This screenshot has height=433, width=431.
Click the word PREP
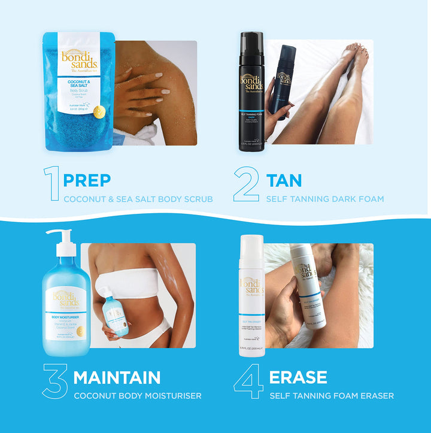pyautogui.click(x=87, y=180)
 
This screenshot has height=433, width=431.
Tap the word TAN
pyautogui.click(x=284, y=180)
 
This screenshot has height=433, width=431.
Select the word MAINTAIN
pyautogui.click(x=117, y=377)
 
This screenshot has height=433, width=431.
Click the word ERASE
pyautogui.click(x=298, y=377)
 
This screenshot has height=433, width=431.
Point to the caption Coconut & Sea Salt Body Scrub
pyautogui.click(x=138, y=199)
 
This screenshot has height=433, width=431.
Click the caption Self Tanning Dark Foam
pyautogui.click(x=325, y=199)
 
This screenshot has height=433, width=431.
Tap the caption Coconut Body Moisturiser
pyautogui.click(x=137, y=396)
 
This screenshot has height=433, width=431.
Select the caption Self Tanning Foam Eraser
pyautogui.click(x=331, y=396)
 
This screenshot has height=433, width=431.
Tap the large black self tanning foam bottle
pyautogui.click(x=251, y=93)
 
